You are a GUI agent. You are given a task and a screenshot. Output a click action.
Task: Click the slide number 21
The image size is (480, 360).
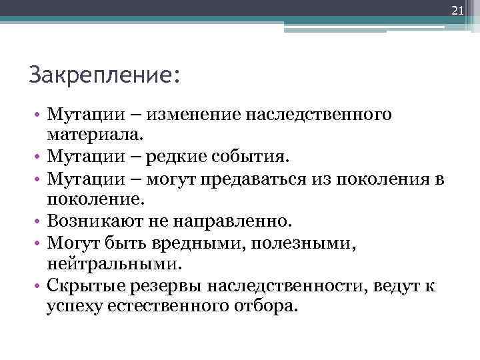[457, 10]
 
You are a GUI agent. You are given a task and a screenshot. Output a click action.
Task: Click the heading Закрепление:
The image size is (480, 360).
[104, 73]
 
